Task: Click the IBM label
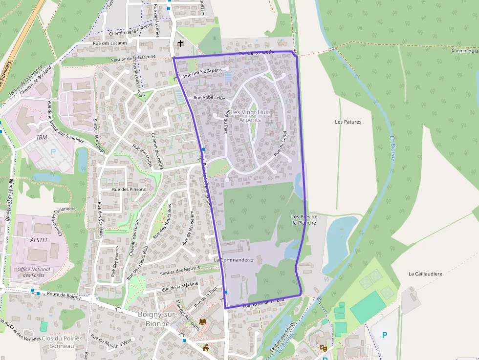[x=42, y=137]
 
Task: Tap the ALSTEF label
[x=40, y=240]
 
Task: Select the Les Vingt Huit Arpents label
[x=250, y=116]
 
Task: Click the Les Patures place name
[x=348, y=122]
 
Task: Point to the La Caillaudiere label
[x=425, y=274]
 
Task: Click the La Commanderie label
[x=234, y=260]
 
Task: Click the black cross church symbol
[x=180, y=43]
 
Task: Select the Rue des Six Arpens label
[x=202, y=73]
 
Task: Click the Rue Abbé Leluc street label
[x=209, y=98]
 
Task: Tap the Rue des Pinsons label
[x=129, y=189]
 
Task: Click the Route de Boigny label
[x=64, y=295]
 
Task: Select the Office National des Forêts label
[x=34, y=272]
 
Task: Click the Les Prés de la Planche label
[x=304, y=219]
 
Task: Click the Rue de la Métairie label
[x=179, y=285]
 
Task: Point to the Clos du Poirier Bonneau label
[x=62, y=342]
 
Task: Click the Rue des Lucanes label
[x=110, y=43]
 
